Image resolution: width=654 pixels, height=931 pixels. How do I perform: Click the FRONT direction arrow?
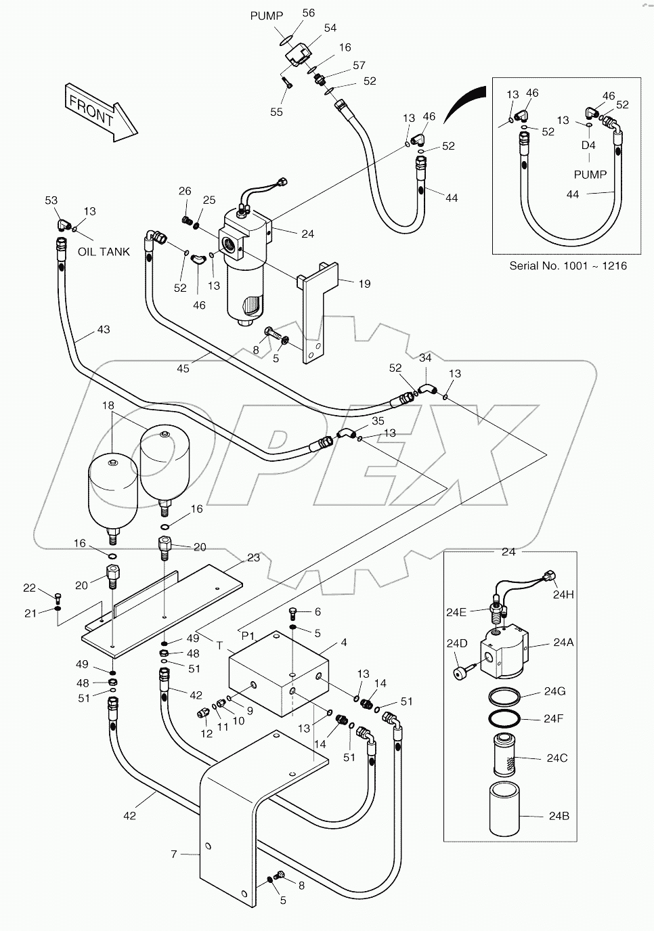pos(100,112)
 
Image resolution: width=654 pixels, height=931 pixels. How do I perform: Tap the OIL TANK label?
pos(104,251)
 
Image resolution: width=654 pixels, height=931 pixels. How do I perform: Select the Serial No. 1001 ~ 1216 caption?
pos(567,265)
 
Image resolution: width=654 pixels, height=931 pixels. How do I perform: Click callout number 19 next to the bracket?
pos(364,284)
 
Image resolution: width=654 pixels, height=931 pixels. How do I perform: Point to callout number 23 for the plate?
pos(253,558)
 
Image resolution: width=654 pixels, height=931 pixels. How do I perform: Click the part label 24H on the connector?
pos(563,595)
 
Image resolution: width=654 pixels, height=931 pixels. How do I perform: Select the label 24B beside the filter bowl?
pos(559,816)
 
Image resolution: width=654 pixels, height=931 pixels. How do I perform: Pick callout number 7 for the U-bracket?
pos(174,854)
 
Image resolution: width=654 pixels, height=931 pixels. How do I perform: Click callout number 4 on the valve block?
pos(344,642)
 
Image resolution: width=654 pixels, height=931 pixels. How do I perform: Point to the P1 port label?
pos(248,636)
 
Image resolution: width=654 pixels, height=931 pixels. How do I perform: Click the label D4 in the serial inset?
pos(588,146)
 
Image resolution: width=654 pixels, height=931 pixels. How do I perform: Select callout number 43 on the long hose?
pos(103,330)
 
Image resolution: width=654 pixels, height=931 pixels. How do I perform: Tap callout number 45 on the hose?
pos(183,368)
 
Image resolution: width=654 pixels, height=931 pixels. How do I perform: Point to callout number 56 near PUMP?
pos(309,14)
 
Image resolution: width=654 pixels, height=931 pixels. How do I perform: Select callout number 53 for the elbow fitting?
pos(51,200)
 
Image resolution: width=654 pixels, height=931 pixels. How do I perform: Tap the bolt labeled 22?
pos(58,597)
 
